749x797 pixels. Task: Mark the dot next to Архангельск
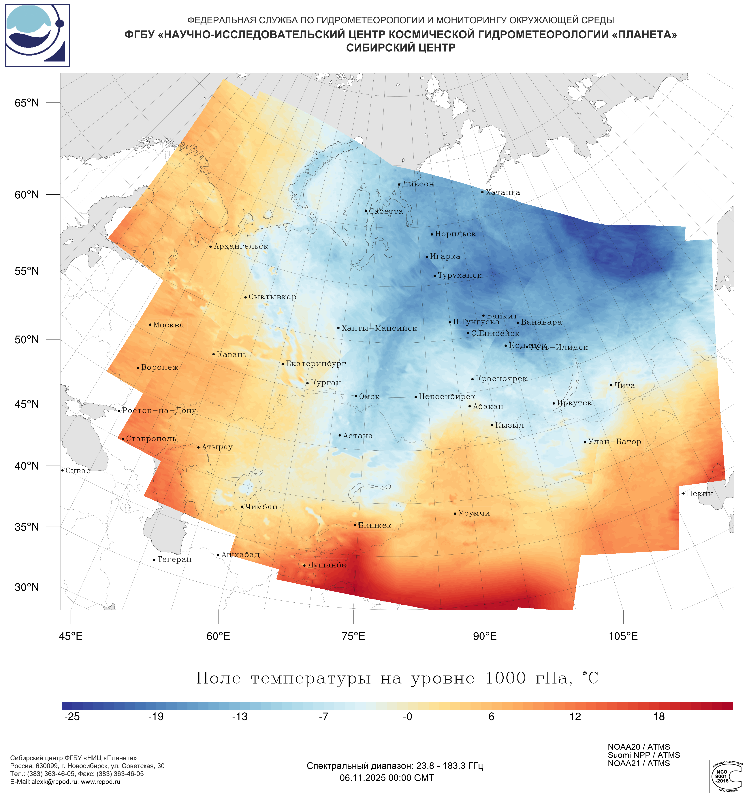coord(211,246)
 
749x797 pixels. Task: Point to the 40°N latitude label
coord(27,466)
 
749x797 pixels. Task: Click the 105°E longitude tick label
coord(623,636)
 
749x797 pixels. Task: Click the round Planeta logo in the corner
coord(38,35)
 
